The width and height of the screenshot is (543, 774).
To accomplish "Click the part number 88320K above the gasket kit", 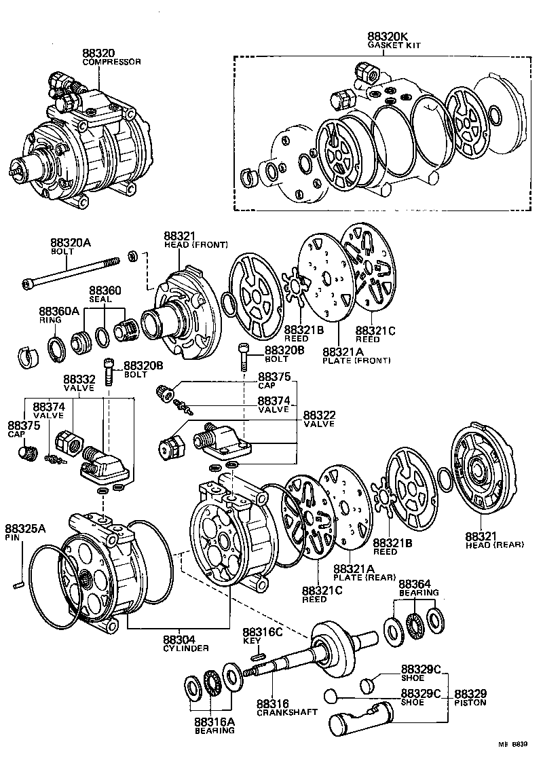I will (x=388, y=36).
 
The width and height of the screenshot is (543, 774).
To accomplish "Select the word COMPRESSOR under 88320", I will (x=111, y=62).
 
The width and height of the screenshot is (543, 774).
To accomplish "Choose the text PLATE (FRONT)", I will (x=356, y=360).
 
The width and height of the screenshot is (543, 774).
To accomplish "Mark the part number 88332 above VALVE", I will (x=79, y=379).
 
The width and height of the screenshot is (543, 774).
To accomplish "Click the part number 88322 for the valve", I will (x=319, y=415).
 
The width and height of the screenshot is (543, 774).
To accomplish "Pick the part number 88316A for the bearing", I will (x=214, y=722).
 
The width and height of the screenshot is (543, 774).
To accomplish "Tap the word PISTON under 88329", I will (x=470, y=703).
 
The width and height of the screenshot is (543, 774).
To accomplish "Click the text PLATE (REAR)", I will (x=364, y=577).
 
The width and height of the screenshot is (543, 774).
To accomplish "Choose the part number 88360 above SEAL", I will (x=105, y=291).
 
